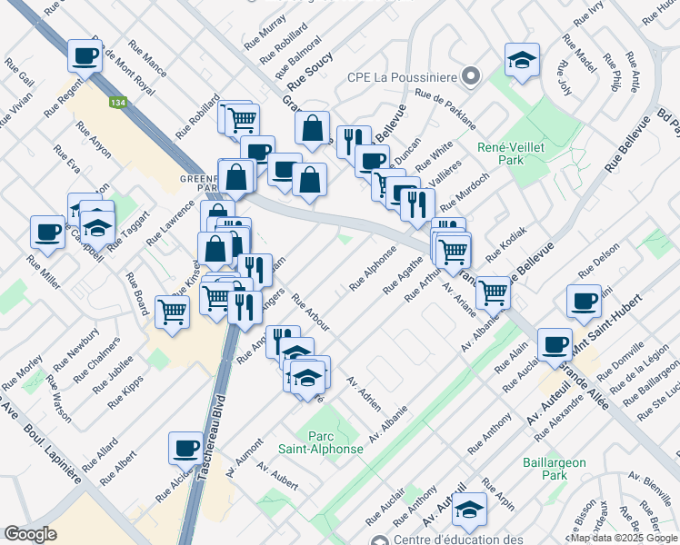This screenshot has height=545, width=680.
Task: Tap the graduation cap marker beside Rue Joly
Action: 521,61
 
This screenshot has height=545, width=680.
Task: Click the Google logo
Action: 31,533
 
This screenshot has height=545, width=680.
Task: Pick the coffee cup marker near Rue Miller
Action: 47,231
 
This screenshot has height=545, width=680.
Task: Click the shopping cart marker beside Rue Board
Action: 171,312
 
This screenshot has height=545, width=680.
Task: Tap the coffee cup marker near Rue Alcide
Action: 185,447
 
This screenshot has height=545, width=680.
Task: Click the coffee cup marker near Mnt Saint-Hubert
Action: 584,301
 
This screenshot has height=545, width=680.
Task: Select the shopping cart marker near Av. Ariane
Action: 492,292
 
